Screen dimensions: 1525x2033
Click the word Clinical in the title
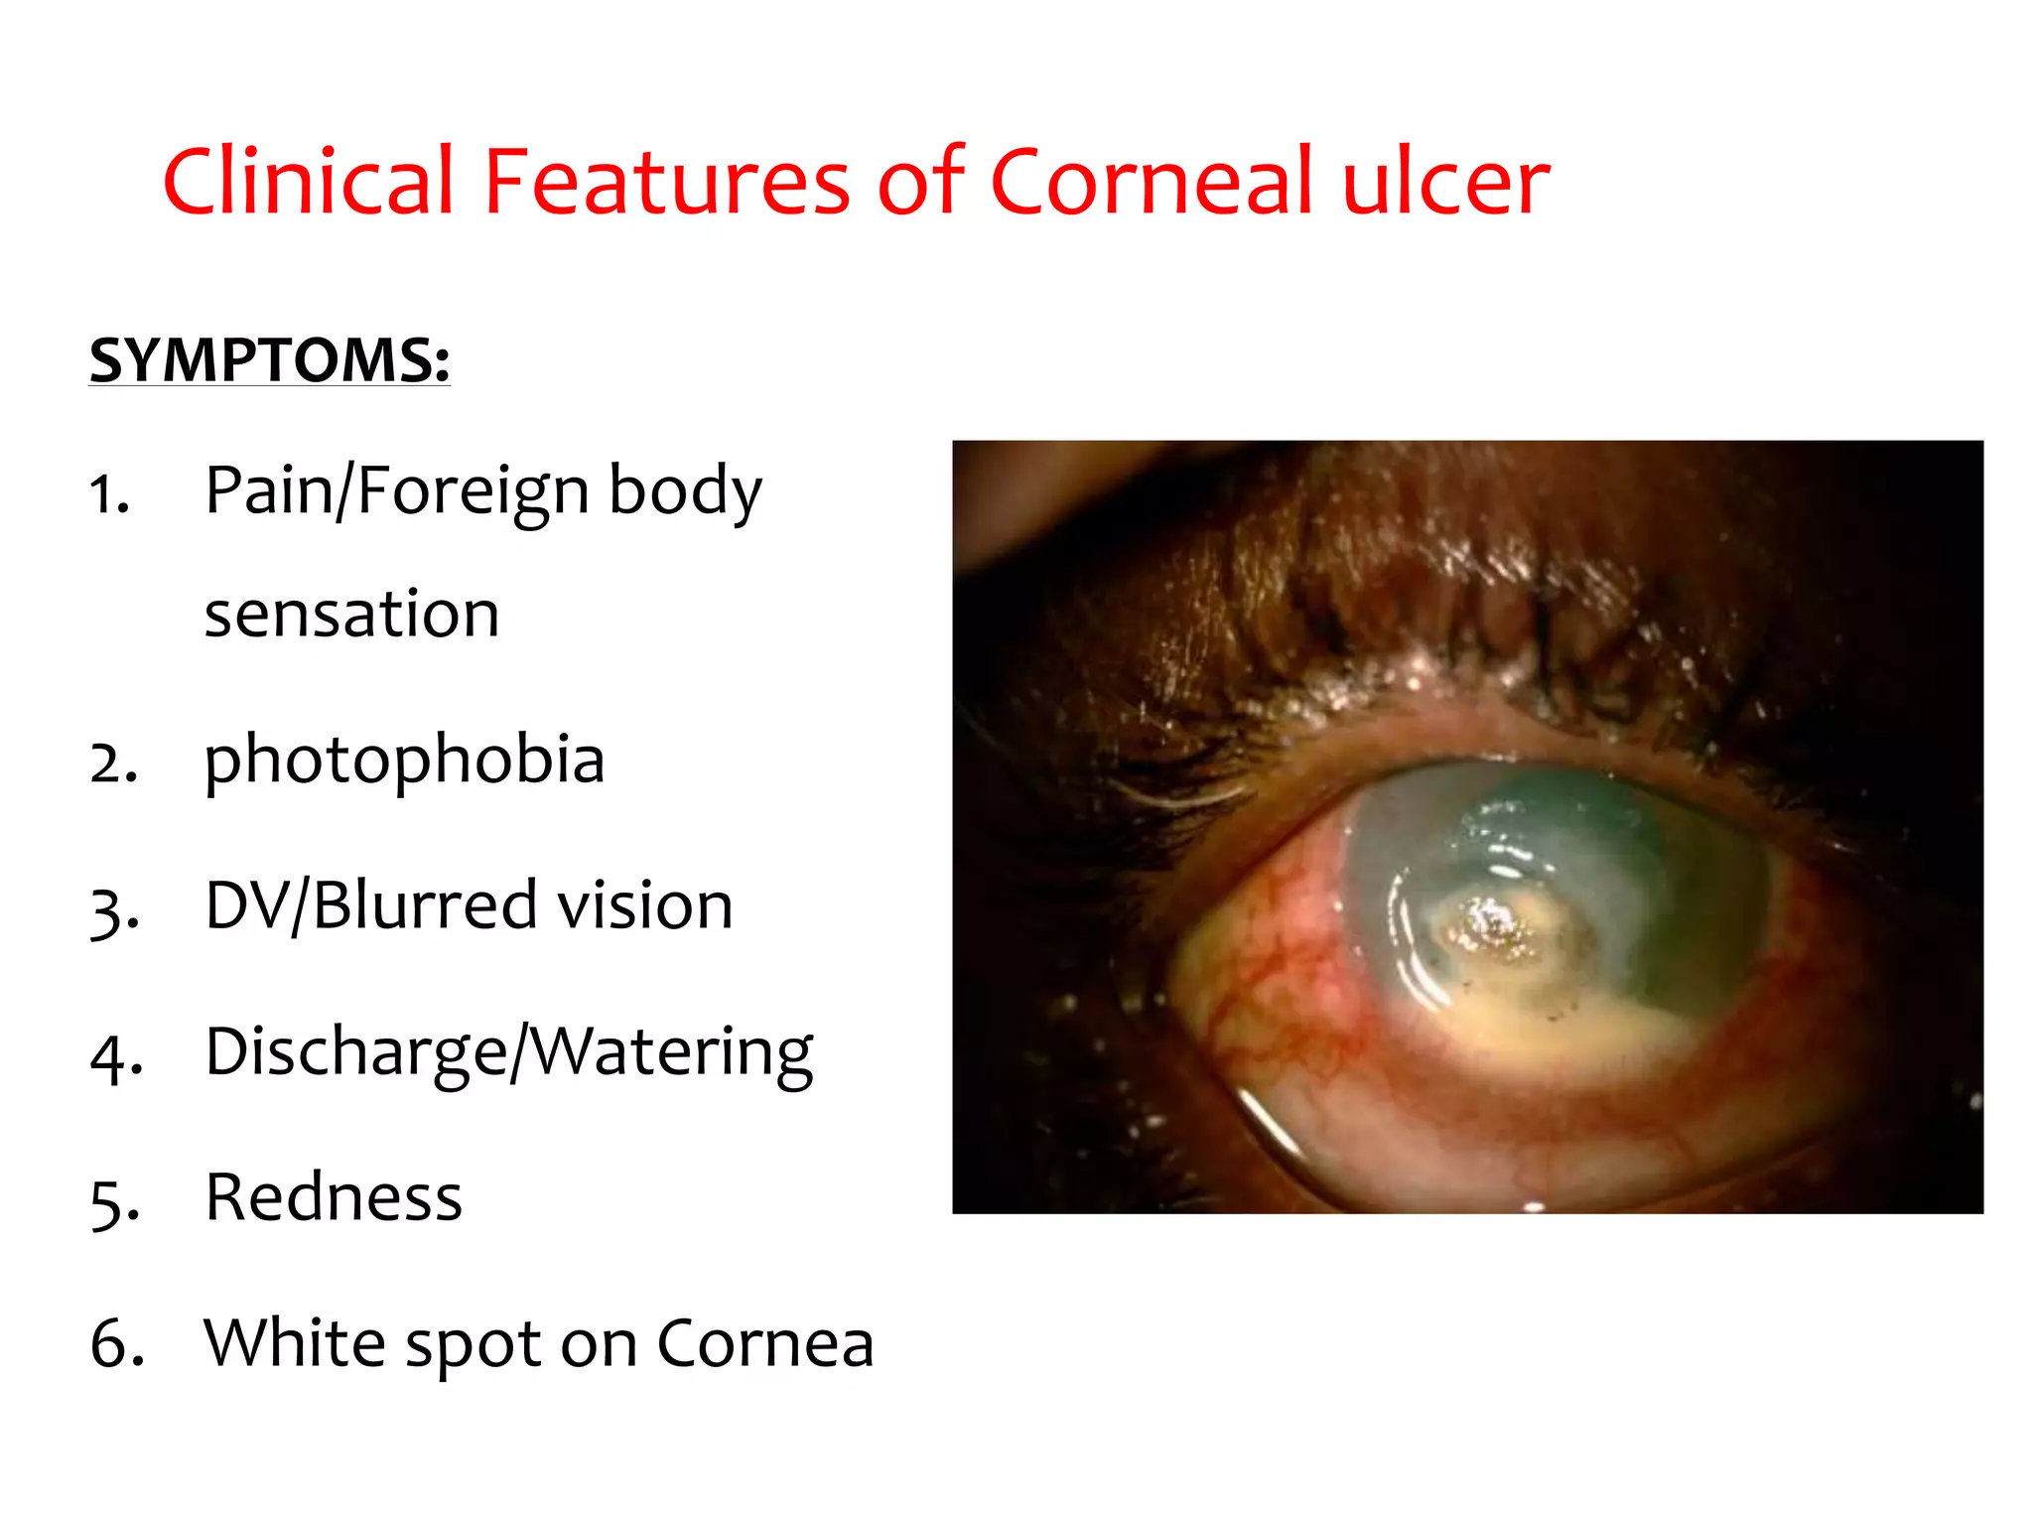[x=308, y=181]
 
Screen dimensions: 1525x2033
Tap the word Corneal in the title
[x=1152, y=181]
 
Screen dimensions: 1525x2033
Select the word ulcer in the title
[x=1445, y=181]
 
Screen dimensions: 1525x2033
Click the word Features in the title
[x=666, y=181]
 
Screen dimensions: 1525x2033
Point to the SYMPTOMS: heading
[x=270, y=359]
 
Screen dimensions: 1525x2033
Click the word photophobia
[x=404, y=761]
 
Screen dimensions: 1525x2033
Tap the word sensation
[x=351, y=614]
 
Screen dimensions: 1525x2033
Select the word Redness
[x=334, y=1197]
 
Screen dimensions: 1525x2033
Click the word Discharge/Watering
[x=509, y=1052]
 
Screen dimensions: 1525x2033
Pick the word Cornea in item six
[x=765, y=1342]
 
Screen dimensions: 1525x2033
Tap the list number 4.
[x=115, y=1056]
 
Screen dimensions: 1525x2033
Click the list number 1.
[x=109, y=494]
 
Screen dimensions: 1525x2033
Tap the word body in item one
[x=685, y=490]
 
